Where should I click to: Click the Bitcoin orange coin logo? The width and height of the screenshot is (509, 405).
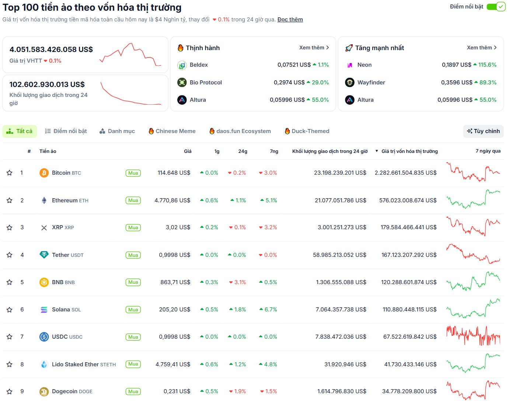pos(44,173)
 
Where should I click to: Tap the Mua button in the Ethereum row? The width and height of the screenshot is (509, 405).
pos(133,200)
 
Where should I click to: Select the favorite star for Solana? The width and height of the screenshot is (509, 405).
pos(10,310)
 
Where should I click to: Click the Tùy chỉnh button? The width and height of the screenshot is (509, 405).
pos(483,131)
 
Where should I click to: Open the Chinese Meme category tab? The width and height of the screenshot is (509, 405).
pos(172,131)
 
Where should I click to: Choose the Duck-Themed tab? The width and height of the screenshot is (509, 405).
pos(307,131)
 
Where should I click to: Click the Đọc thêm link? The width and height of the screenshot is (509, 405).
pos(290,20)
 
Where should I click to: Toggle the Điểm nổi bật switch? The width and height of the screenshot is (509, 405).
pos(496,7)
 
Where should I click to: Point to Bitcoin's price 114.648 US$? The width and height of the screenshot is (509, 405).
pos(174,173)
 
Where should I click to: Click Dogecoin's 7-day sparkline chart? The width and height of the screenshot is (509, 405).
pos(473,391)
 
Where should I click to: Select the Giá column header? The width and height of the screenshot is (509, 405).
pos(188,151)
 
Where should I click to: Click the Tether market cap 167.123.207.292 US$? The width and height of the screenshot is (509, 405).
pos(409,255)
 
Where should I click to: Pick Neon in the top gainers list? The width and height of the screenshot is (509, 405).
pos(364,65)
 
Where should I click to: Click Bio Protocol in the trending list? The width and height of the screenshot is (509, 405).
pos(206,83)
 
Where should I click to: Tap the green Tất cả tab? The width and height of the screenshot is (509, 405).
pos(20,131)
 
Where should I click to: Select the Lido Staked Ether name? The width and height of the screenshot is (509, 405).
pos(75,364)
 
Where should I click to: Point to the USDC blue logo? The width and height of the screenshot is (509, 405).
pos(44,337)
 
